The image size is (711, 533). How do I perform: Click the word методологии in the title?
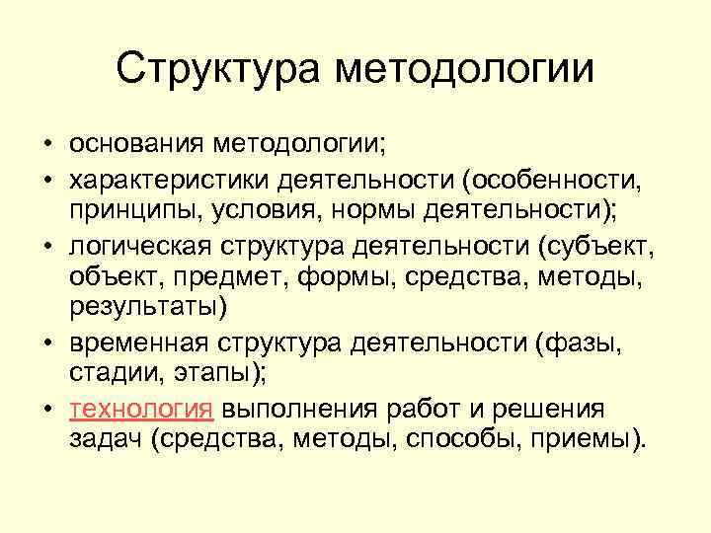(x=464, y=71)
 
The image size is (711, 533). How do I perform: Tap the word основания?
(x=134, y=146)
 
